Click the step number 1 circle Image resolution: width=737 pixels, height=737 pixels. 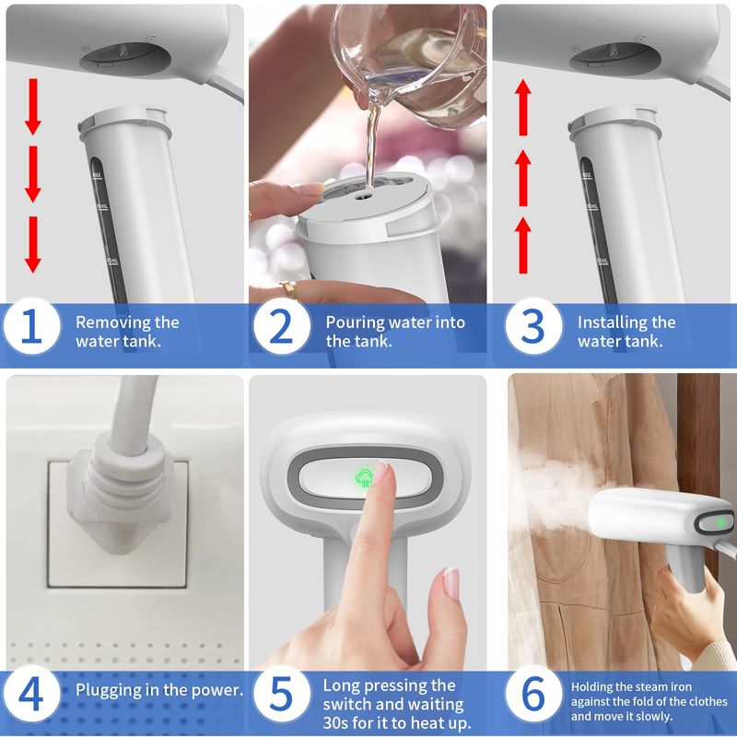(31, 326)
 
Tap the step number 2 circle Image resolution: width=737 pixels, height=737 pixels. (282, 326)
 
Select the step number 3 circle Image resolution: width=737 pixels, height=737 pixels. (533, 326)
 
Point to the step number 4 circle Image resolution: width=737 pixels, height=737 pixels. (31, 694)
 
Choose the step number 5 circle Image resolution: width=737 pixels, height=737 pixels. (282, 694)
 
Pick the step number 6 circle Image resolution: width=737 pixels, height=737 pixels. (533, 694)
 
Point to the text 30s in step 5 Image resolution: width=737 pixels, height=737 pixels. (335, 722)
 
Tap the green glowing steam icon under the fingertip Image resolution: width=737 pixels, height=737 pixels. (364, 478)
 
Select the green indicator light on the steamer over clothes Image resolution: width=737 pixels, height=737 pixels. (719, 522)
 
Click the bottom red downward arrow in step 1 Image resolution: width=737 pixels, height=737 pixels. (32, 244)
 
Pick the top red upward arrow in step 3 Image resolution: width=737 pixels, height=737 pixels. (523, 107)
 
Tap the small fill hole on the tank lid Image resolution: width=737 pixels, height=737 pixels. (362, 196)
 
